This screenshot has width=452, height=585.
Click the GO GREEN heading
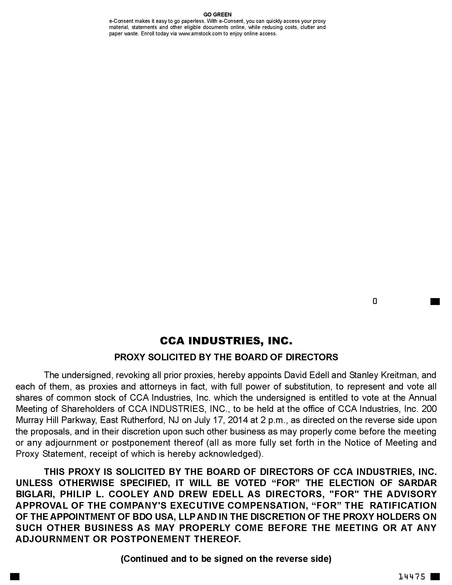[x=217, y=14]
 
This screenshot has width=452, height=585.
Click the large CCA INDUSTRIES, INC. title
[x=226, y=341]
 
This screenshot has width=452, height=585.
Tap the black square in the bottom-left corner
[x=15, y=576]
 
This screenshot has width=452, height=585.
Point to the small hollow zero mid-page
[x=375, y=301]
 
